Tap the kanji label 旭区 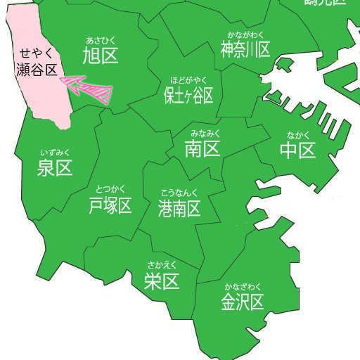click(100, 56)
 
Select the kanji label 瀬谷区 click(37, 68)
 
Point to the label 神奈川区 click(245, 49)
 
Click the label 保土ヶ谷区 click(188, 95)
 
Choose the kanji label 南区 click(202, 148)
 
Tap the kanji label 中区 click(297, 150)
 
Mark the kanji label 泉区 click(55, 168)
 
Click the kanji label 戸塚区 click(110, 205)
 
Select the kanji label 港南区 click(179, 208)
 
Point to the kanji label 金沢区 click(243, 302)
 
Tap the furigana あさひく click(100, 40)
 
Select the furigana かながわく click(245, 34)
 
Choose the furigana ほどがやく click(188, 79)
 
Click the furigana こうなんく click(179, 193)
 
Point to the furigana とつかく click(110, 189)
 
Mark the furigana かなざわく click(243, 286)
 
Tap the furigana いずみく click(56, 152)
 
